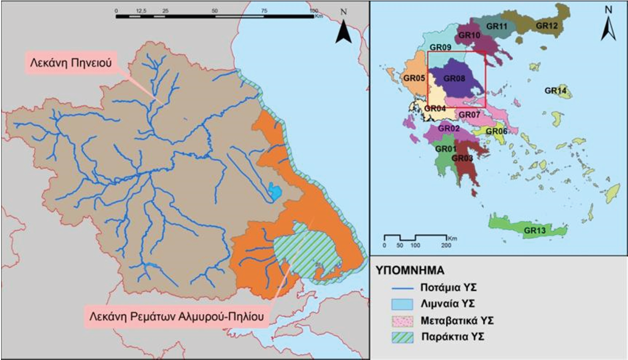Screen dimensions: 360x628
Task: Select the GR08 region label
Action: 454,78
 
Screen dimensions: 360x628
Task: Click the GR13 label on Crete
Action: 535,231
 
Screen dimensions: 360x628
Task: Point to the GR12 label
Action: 547,25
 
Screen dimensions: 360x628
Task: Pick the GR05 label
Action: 414,78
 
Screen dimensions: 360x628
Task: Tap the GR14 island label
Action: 555,91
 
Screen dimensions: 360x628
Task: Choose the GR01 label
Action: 445,149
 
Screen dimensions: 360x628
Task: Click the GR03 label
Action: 462,158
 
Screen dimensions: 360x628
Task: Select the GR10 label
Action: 469,35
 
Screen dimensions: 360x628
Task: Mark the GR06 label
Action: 496,131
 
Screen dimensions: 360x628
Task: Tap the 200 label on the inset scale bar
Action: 445,246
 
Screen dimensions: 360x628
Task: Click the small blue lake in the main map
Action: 274,191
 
